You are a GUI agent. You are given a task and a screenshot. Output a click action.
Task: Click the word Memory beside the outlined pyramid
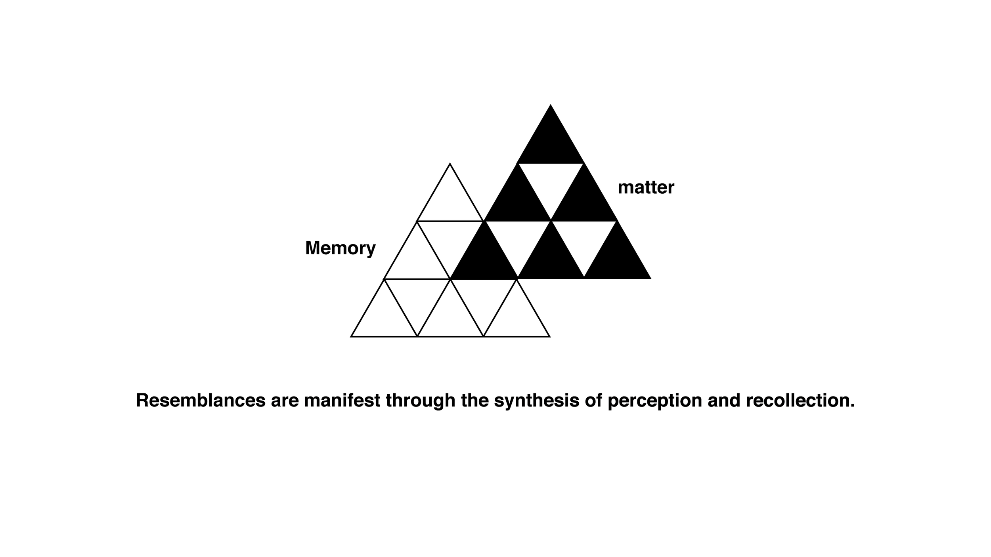pyautogui.click(x=340, y=248)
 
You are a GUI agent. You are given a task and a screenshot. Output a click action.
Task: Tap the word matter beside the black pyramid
pyautogui.click(x=646, y=187)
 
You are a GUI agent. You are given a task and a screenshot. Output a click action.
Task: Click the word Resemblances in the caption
pyautogui.click(x=201, y=400)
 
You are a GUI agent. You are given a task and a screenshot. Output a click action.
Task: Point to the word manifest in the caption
pyautogui.click(x=342, y=400)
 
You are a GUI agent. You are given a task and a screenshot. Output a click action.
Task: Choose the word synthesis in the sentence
pyautogui.click(x=536, y=400)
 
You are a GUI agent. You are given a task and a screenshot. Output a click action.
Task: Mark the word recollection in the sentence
pyautogui.click(x=800, y=400)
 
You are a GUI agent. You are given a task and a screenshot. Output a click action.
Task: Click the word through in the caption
pyautogui.click(x=420, y=400)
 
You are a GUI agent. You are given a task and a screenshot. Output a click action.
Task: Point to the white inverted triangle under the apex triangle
pyautogui.click(x=550, y=182)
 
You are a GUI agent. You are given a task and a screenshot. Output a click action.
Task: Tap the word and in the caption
pyautogui.click(x=724, y=400)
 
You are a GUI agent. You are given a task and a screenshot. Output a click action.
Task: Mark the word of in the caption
pyautogui.click(x=593, y=400)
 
